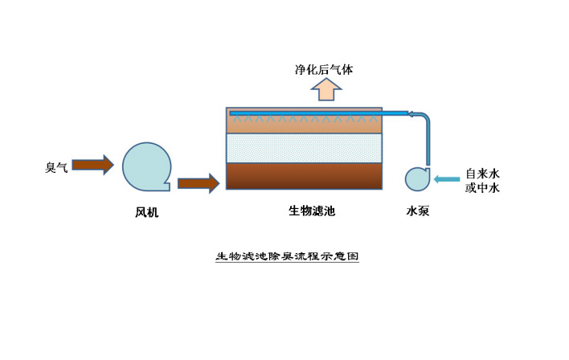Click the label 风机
pyautogui.click(x=147, y=213)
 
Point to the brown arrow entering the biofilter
pyautogui.click(x=198, y=183)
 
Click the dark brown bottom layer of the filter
pyautogui.click(x=304, y=176)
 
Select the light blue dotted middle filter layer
pyautogui.click(x=304, y=148)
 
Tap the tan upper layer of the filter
pyautogui.click(x=304, y=125)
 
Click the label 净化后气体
pyautogui.click(x=324, y=70)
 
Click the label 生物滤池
pyautogui.click(x=312, y=212)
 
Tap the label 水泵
pyautogui.click(x=419, y=212)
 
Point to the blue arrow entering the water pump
pyautogui.click(x=448, y=178)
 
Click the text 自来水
pyautogui.click(x=483, y=173)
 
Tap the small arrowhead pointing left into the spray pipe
pyautogui.click(x=412, y=113)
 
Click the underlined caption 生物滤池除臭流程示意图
pyautogui.click(x=286, y=257)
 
